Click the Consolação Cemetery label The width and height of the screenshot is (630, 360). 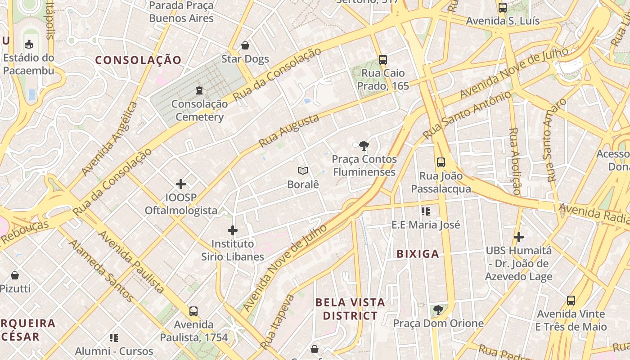click(199, 110)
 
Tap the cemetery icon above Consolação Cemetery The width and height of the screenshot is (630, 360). click(199, 91)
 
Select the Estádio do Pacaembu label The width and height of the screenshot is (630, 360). click(29, 64)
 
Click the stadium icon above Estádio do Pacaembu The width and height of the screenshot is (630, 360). click(29, 44)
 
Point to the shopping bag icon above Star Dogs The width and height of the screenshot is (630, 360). click(245, 45)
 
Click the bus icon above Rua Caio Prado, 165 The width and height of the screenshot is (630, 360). click(382, 59)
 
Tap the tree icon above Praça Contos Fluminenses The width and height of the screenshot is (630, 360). click(364, 145)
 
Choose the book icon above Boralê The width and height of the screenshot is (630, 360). click(303, 171)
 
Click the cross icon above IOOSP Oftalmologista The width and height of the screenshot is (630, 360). click(181, 184)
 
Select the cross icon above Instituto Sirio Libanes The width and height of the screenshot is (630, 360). click(233, 230)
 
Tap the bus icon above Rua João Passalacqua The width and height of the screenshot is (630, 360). click(441, 162)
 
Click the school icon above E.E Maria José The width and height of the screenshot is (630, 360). click(426, 211)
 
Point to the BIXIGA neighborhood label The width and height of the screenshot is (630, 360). click(418, 254)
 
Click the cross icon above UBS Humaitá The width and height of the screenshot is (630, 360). click(519, 237)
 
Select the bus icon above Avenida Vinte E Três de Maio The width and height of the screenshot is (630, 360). click(571, 300)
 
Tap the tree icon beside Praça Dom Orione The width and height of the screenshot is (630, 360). click(438, 310)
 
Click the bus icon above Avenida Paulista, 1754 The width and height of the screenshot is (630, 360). click(193, 311)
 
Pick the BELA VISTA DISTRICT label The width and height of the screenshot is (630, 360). click(350, 309)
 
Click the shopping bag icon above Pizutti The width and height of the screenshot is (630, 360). click(15, 275)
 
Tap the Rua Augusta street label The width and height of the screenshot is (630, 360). click(289, 130)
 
